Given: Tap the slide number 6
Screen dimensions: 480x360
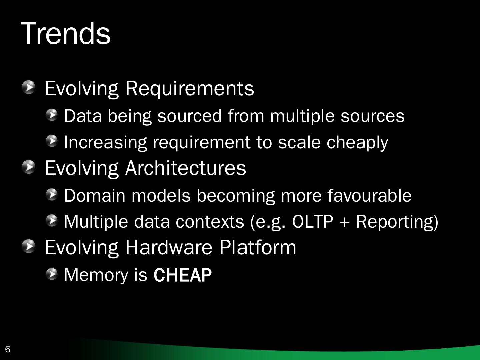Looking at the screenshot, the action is pyautogui.click(x=8, y=349).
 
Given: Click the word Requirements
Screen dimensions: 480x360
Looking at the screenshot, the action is pyautogui.click(x=189, y=88).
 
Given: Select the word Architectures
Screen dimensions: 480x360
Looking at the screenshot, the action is pyautogui.click(x=185, y=168).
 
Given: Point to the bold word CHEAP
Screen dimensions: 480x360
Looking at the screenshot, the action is pyautogui.click(x=183, y=275).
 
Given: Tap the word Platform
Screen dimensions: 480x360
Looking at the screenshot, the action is pyautogui.click(x=258, y=247).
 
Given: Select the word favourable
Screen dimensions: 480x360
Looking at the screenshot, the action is pyautogui.click(x=369, y=195).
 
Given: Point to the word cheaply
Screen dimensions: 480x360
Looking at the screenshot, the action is pyautogui.click(x=357, y=143).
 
